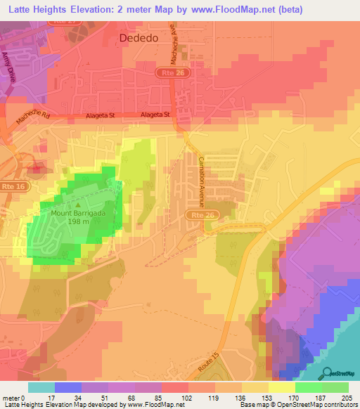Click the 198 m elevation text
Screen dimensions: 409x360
click(78, 221)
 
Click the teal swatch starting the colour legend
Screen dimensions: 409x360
click(41, 387)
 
